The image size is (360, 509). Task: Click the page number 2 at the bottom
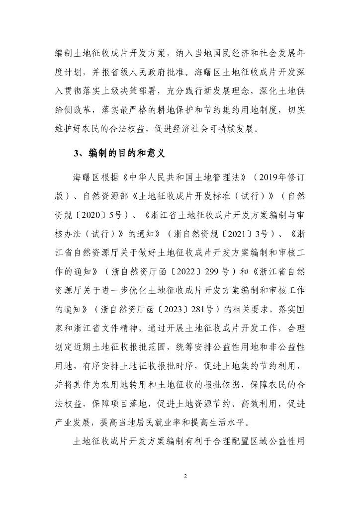[x=185, y=476]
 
